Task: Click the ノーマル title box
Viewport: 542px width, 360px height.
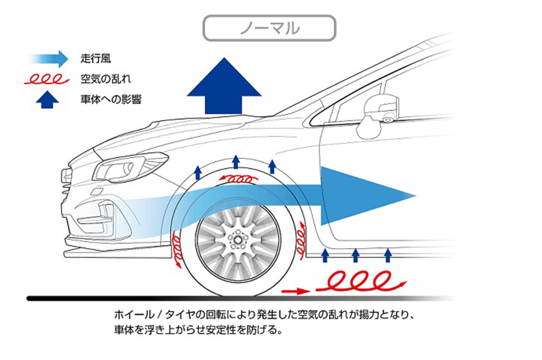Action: (269, 28)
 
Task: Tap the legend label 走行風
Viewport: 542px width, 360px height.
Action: (96, 58)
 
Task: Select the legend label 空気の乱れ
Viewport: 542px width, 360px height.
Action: (106, 79)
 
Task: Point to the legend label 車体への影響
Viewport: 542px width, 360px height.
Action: (111, 100)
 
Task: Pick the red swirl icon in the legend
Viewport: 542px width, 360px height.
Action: (46, 79)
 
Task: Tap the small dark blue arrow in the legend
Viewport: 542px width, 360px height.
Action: (47, 100)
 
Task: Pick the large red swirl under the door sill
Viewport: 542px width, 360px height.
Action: (361, 281)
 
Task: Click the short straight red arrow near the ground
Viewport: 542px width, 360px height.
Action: (296, 291)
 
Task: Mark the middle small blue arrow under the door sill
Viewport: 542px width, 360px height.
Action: (355, 255)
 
